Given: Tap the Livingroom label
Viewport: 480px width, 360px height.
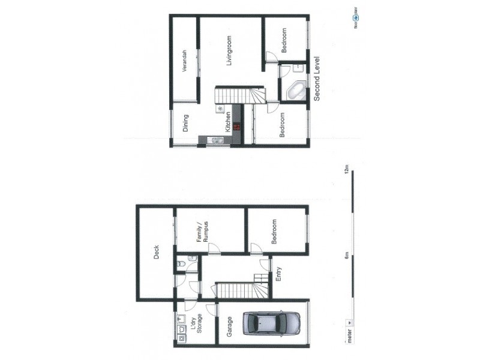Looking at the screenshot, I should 229,53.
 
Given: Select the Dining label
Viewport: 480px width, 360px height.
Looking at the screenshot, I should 185,123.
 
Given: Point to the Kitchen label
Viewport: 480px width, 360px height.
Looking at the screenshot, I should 228,122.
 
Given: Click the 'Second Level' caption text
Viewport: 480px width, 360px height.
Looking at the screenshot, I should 317,79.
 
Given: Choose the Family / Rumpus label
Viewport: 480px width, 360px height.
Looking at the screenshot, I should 202,232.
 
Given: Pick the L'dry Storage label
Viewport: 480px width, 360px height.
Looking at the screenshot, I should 197,325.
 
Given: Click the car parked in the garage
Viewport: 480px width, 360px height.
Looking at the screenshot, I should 271,323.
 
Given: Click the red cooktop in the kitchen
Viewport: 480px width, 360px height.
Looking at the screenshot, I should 237,127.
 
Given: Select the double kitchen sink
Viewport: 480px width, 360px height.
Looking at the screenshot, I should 216,141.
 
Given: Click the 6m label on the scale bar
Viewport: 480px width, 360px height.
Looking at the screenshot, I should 346,256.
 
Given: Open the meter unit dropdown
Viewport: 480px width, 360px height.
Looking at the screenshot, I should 350,338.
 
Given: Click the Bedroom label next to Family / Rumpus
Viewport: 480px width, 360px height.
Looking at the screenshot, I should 274,232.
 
